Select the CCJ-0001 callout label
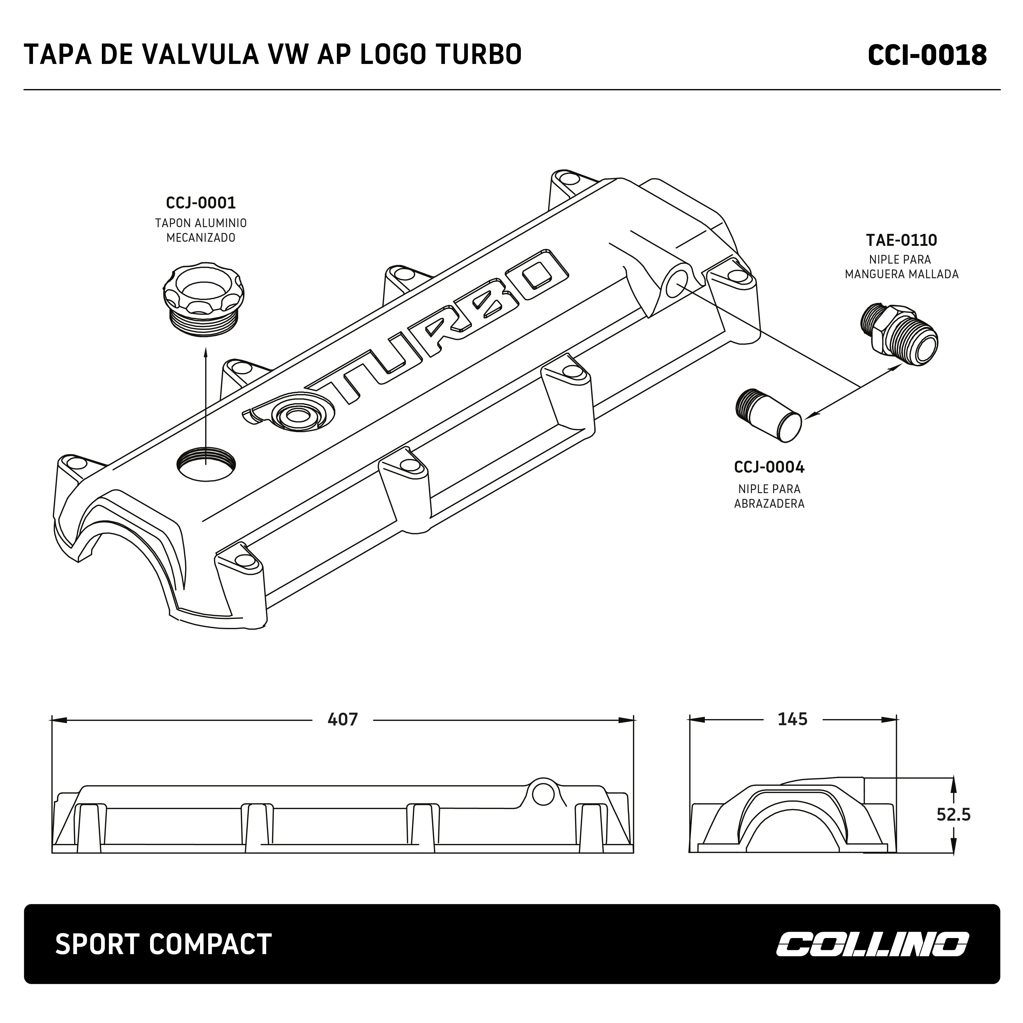201,203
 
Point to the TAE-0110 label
901,240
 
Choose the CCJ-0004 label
769,467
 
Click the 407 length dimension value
342,719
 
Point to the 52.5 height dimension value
953,814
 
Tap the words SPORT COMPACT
163,944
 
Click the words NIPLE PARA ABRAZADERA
769,496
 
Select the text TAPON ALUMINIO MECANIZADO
201,230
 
